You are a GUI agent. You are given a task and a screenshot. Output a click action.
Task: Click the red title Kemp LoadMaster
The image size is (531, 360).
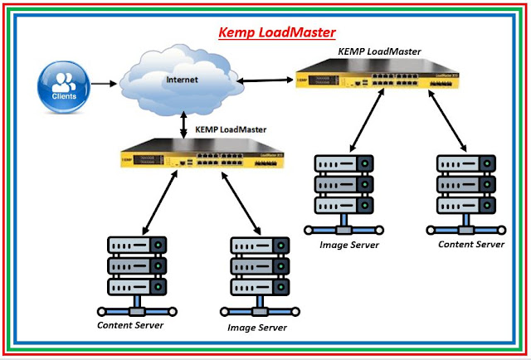277,33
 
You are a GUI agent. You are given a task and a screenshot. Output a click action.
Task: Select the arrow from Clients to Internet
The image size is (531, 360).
105,84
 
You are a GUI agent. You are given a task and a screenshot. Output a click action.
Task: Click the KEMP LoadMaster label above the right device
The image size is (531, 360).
379,51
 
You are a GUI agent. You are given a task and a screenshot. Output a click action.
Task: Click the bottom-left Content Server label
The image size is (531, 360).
130,324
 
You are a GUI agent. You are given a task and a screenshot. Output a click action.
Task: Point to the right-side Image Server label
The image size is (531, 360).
349,245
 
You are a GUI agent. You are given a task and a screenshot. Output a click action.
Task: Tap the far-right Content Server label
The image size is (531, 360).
471,244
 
